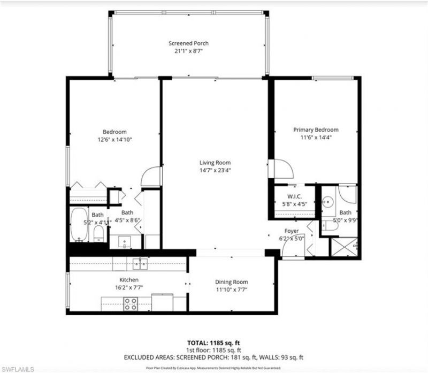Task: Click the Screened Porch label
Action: [188, 43]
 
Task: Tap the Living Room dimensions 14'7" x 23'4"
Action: [215, 171]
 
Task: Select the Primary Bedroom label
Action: [316, 130]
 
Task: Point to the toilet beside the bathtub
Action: [98, 233]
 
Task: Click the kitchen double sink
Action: [140, 263]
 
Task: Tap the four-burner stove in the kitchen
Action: [131, 303]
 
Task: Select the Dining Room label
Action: [232, 282]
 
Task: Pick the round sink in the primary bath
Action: [328, 202]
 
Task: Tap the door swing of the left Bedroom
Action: [151, 177]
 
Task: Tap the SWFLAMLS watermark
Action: [19, 369]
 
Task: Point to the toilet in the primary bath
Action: [331, 226]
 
